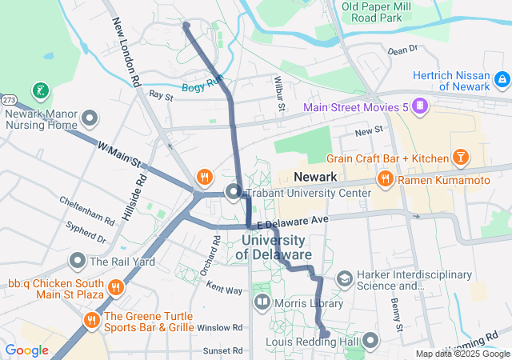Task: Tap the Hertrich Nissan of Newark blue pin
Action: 502,79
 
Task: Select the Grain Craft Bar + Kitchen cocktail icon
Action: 461,157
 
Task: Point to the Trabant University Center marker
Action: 234,192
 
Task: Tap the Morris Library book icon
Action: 262,302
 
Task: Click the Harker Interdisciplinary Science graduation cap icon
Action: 345,278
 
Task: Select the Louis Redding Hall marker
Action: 370,342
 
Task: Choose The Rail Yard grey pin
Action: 78,261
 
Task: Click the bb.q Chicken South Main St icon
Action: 116,286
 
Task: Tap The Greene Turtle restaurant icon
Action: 91,321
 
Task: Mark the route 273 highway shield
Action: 9,100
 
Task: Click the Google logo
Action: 26,350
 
